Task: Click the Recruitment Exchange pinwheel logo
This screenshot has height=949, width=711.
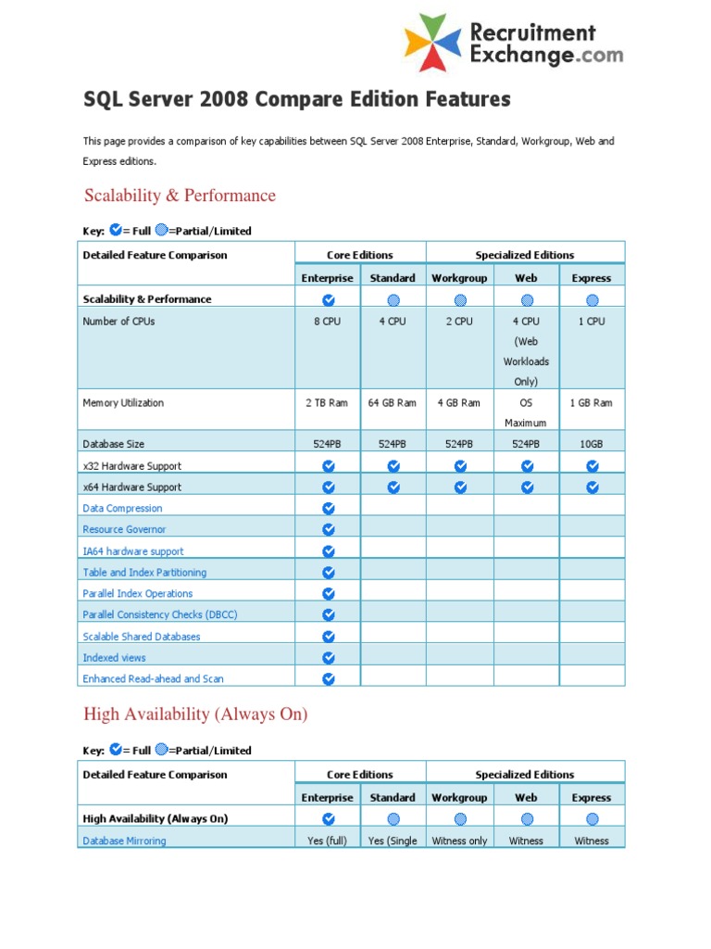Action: tap(432, 43)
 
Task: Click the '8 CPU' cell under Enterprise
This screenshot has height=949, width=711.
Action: tap(328, 322)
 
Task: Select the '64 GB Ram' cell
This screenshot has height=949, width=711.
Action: tap(393, 403)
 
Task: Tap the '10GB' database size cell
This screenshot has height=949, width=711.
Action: tap(592, 444)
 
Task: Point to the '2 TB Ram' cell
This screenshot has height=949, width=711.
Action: tap(328, 403)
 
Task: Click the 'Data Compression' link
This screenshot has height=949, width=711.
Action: tap(122, 509)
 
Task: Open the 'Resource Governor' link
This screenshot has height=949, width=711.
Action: tap(124, 530)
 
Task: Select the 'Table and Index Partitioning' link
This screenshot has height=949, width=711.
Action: tap(144, 573)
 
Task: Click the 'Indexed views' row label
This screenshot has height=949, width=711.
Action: tap(114, 658)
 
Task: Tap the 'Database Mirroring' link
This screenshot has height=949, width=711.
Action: tap(124, 841)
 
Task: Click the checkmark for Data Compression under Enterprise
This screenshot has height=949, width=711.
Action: tap(328, 509)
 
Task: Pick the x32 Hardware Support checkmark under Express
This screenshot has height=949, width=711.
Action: tap(592, 466)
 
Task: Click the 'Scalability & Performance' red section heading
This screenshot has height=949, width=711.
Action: tap(180, 196)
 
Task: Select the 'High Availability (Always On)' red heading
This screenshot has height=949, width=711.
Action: tap(195, 715)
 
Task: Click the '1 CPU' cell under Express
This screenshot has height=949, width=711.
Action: tap(592, 322)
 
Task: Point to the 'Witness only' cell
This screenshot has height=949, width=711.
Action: tap(459, 841)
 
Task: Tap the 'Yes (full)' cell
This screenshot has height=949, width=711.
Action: tap(328, 841)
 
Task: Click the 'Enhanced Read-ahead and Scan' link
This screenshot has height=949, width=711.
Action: tap(153, 679)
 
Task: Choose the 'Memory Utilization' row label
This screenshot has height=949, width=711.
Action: tap(123, 403)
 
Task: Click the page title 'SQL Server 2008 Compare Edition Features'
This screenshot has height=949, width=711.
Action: tap(297, 99)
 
